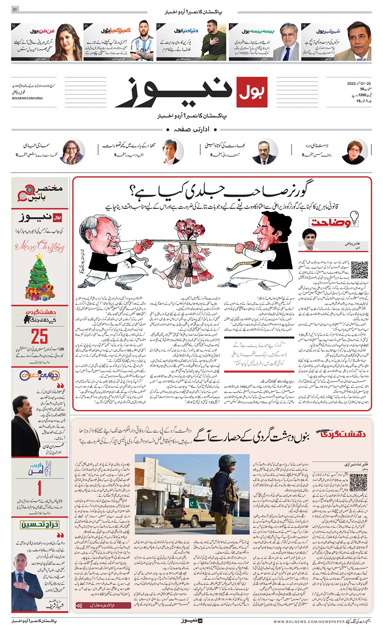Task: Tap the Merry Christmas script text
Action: tap(40, 245)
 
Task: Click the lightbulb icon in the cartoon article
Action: tap(355, 216)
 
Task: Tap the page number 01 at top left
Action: tap(15, 10)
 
